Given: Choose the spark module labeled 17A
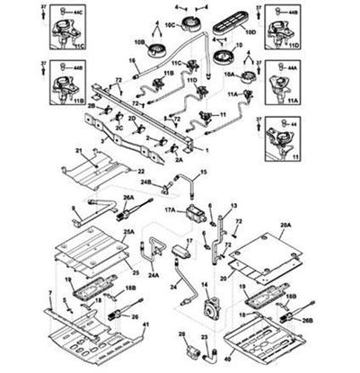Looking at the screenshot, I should coord(195,214).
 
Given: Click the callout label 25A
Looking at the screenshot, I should coord(128,233).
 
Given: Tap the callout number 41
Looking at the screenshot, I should coord(147,349).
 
